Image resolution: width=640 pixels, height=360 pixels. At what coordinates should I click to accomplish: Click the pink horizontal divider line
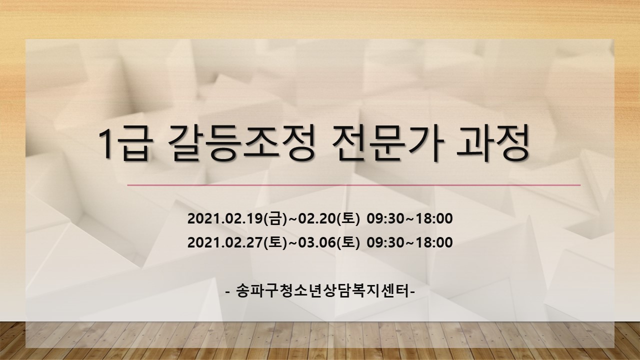click(x=353, y=185)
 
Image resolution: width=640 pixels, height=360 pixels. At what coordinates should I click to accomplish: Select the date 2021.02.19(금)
click(x=237, y=219)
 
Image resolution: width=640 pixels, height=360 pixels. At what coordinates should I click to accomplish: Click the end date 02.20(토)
click(x=328, y=219)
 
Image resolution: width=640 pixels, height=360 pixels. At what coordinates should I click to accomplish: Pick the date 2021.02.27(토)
click(x=237, y=242)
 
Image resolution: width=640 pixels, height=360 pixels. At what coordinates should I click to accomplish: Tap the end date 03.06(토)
click(x=328, y=242)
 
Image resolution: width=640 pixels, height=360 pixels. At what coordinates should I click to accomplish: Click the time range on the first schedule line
click(x=409, y=219)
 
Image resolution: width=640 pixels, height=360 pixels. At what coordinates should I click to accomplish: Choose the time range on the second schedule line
click(x=409, y=242)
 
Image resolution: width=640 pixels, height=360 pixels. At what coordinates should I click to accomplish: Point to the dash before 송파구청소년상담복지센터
click(x=227, y=292)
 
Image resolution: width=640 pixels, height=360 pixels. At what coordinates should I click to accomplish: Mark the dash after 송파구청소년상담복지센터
click(x=412, y=292)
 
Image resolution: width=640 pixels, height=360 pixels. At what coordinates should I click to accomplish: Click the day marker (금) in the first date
click(x=275, y=219)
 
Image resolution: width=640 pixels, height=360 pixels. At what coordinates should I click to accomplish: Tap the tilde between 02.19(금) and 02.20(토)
click(x=292, y=219)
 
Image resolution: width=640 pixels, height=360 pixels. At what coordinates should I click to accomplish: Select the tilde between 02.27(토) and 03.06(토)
click(x=292, y=243)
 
